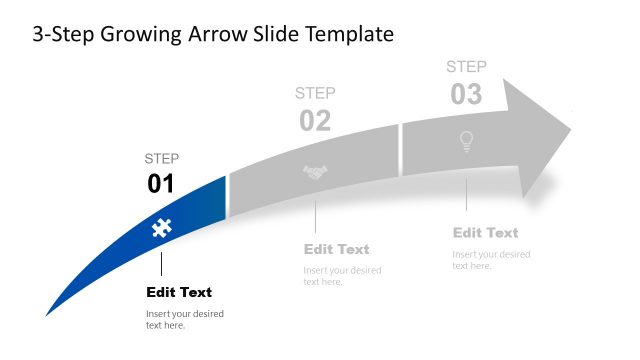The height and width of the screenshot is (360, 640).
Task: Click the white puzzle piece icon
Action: [159, 228]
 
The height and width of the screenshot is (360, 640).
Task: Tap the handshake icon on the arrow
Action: [316, 173]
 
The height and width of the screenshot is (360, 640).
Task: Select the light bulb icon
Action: [465, 142]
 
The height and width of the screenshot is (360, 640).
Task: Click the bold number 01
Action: [161, 184]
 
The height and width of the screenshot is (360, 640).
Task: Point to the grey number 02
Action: [315, 121]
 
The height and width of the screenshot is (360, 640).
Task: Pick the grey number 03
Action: [466, 95]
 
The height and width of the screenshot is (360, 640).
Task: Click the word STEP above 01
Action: [162, 158]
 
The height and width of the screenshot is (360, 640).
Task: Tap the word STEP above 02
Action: [315, 93]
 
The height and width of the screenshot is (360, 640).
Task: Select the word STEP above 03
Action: [466, 67]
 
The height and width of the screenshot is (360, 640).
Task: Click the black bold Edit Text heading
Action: [179, 292]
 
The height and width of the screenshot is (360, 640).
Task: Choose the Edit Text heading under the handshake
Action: [336, 249]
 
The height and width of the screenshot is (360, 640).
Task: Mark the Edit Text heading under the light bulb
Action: [485, 232]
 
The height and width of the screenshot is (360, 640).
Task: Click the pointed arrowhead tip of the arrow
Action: [569, 129]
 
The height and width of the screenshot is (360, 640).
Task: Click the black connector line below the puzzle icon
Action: [160, 264]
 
